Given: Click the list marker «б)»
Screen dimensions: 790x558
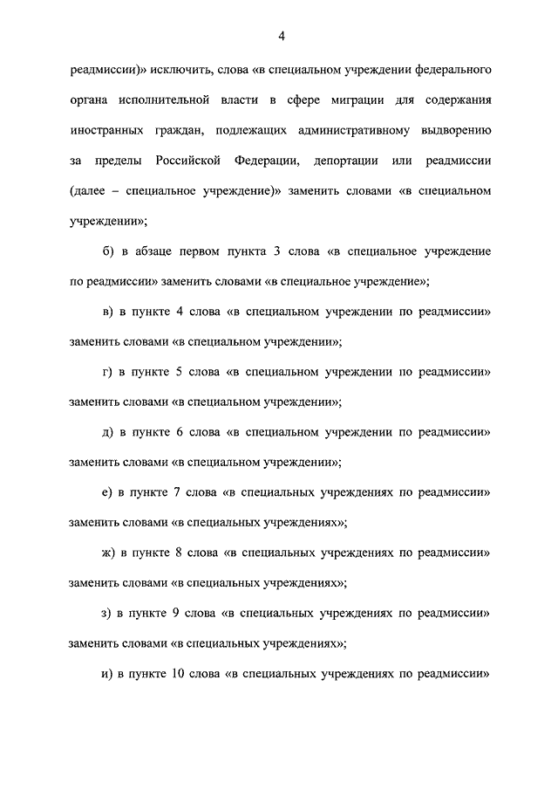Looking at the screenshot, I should (109, 251).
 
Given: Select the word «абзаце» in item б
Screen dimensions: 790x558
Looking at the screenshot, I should (157, 251).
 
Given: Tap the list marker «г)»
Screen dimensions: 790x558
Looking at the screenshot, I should (107, 371).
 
